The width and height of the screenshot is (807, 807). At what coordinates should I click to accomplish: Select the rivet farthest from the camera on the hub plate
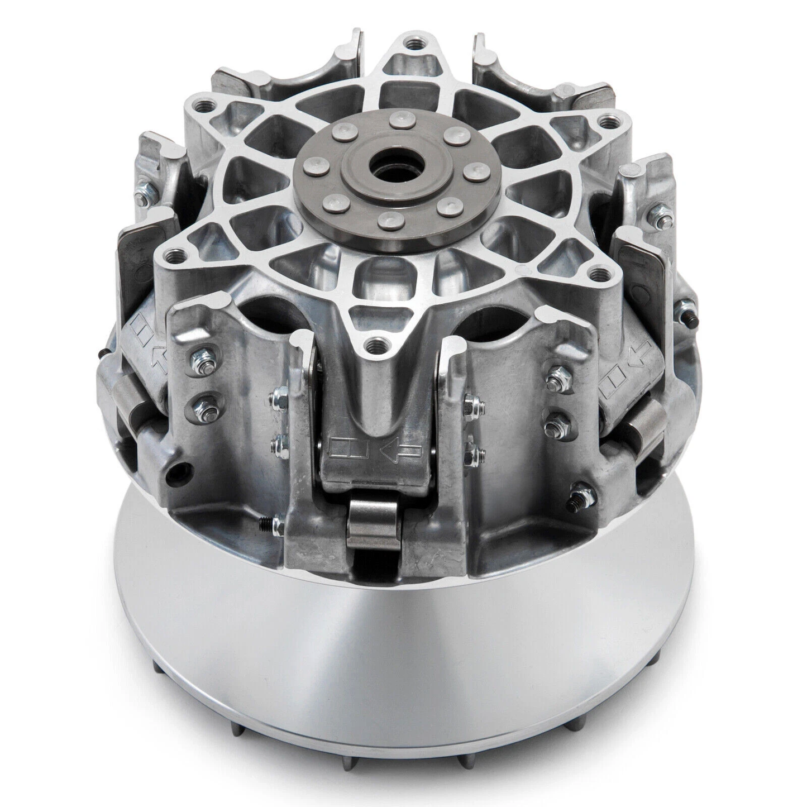pyautogui.click(x=399, y=118)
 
